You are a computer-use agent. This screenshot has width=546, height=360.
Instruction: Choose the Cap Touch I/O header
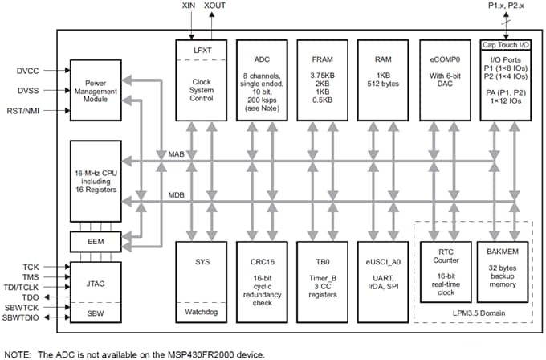[505, 45]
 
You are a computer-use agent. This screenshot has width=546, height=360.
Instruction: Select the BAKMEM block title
[505, 250]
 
